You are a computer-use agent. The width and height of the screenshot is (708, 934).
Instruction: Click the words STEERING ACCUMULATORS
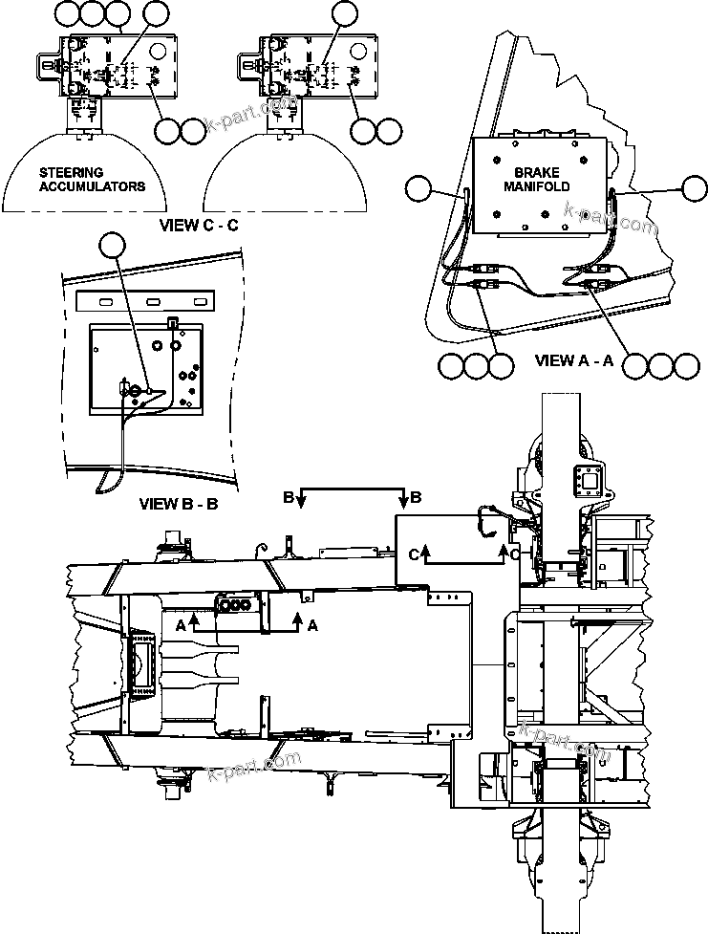coord(92,180)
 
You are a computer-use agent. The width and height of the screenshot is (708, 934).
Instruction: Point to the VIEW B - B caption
coord(179,504)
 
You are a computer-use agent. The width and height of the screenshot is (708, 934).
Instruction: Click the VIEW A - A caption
coord(572,361)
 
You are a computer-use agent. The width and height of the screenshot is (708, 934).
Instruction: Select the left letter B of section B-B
coord(288,497)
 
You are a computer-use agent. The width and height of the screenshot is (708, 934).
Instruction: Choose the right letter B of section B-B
coord(415,497)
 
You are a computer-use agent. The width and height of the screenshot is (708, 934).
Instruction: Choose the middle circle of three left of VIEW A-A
coord(476,365)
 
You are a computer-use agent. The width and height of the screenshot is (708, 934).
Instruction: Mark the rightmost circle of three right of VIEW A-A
coord(686,365)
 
